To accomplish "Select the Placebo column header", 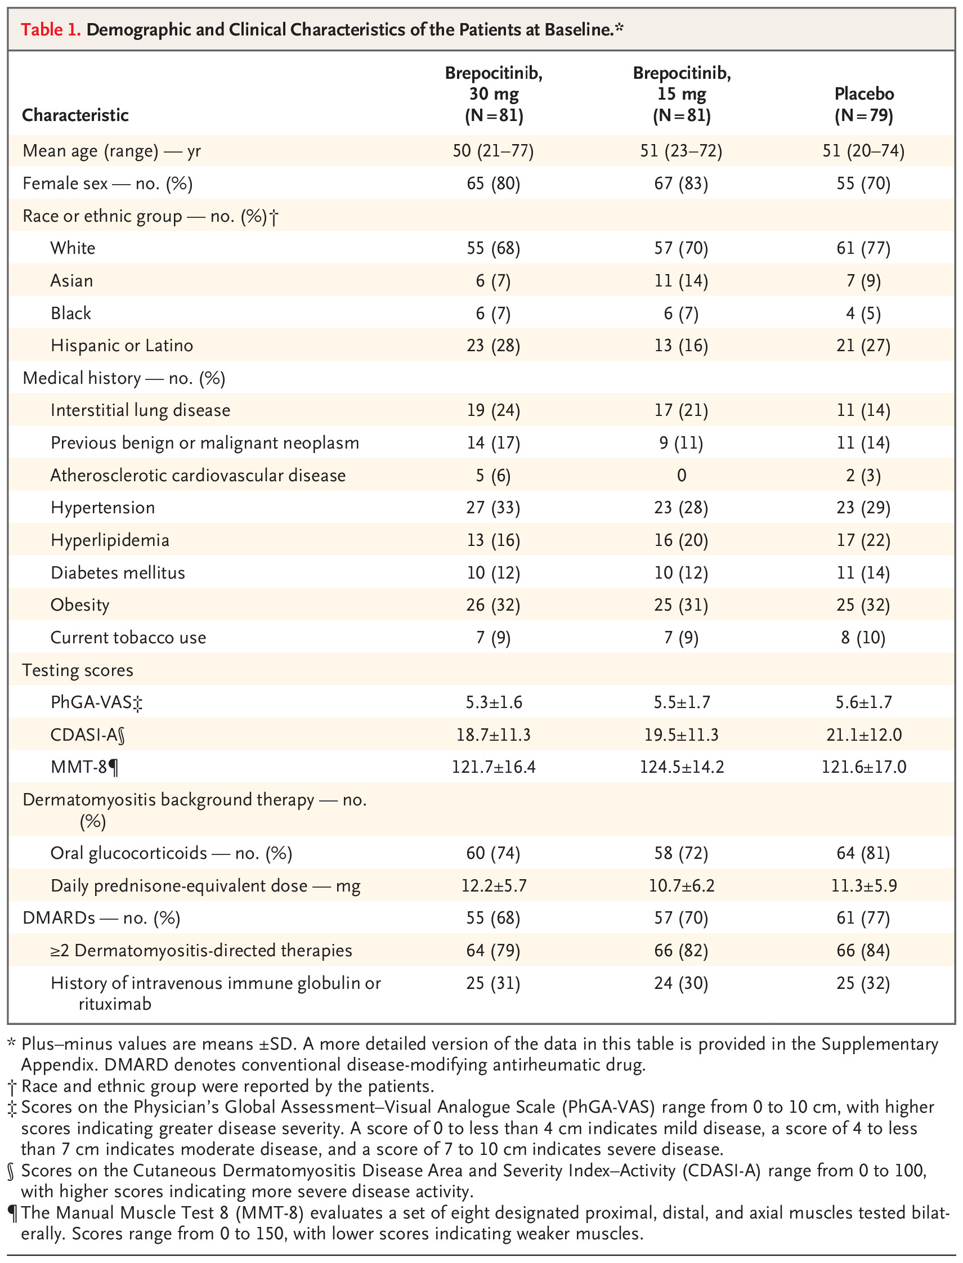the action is click(864, 104).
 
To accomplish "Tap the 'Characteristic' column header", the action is click(75, 115).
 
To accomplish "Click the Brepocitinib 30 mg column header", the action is click(494, 95).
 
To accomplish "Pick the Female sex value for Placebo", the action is click(864, 183).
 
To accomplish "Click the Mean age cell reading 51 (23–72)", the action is click(681, 151).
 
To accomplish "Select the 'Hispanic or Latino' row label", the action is click(122, 346).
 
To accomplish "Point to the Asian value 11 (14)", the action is click(681, 281).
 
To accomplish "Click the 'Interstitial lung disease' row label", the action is click(141, 410).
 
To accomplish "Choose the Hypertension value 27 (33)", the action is click(494, 508).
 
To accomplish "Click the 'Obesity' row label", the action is click(80, 606).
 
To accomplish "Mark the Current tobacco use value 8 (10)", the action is click(864, 638).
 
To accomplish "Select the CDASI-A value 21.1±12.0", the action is click(864, 735).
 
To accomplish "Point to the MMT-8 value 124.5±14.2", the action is click(682, 768).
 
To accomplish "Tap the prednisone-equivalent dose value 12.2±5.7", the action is click(494, 886).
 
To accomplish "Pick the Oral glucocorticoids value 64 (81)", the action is click(864, 854).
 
